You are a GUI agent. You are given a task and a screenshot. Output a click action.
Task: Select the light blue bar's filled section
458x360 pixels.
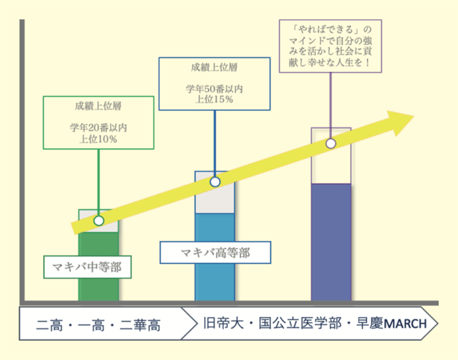(215, 282)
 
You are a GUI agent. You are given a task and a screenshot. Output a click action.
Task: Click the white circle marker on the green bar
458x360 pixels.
(99, 221)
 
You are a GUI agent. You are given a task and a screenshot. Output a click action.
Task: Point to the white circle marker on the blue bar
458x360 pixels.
(215, 182)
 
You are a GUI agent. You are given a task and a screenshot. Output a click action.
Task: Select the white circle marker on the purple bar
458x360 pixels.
(330, 143)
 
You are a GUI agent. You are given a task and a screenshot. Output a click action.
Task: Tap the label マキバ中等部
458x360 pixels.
(87, 267)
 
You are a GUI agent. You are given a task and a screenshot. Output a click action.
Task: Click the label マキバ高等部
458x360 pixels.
(215, 253)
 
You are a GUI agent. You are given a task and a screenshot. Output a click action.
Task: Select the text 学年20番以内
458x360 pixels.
(98, 127)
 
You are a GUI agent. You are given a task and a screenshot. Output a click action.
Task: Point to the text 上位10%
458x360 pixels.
(98, 139)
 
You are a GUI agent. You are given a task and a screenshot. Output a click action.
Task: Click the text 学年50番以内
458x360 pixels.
(214, 89)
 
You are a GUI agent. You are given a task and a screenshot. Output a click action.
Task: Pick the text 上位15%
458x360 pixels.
(214, 100)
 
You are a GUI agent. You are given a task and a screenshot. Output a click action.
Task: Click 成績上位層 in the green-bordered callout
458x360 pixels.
(98, 106)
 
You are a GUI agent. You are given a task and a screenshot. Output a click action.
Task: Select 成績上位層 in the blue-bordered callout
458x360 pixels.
(214, 68)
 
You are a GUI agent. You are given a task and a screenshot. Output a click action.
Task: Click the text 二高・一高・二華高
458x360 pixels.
(98, 325)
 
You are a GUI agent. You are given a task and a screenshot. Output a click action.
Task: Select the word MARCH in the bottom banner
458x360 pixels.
(405, 324)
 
